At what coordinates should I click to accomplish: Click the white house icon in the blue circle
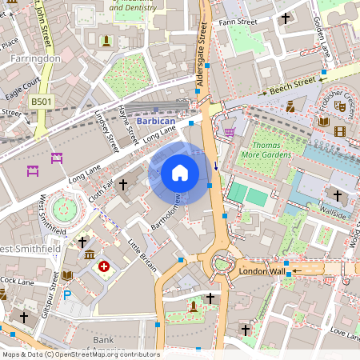tap(180, 173)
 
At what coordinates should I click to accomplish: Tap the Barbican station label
tap(154, 121)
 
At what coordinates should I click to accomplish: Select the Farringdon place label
tap(35, 58)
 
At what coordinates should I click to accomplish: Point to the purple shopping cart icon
tap(230, 131)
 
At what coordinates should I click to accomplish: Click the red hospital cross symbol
tap(103, 266)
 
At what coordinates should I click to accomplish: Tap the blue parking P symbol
tap(66, 295)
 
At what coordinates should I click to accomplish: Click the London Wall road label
tap(262, 272)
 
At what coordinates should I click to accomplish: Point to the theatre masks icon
tap(339, 105)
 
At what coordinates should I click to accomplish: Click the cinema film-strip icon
tap(342, 131)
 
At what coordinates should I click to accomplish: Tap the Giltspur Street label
tap(54, 291)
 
